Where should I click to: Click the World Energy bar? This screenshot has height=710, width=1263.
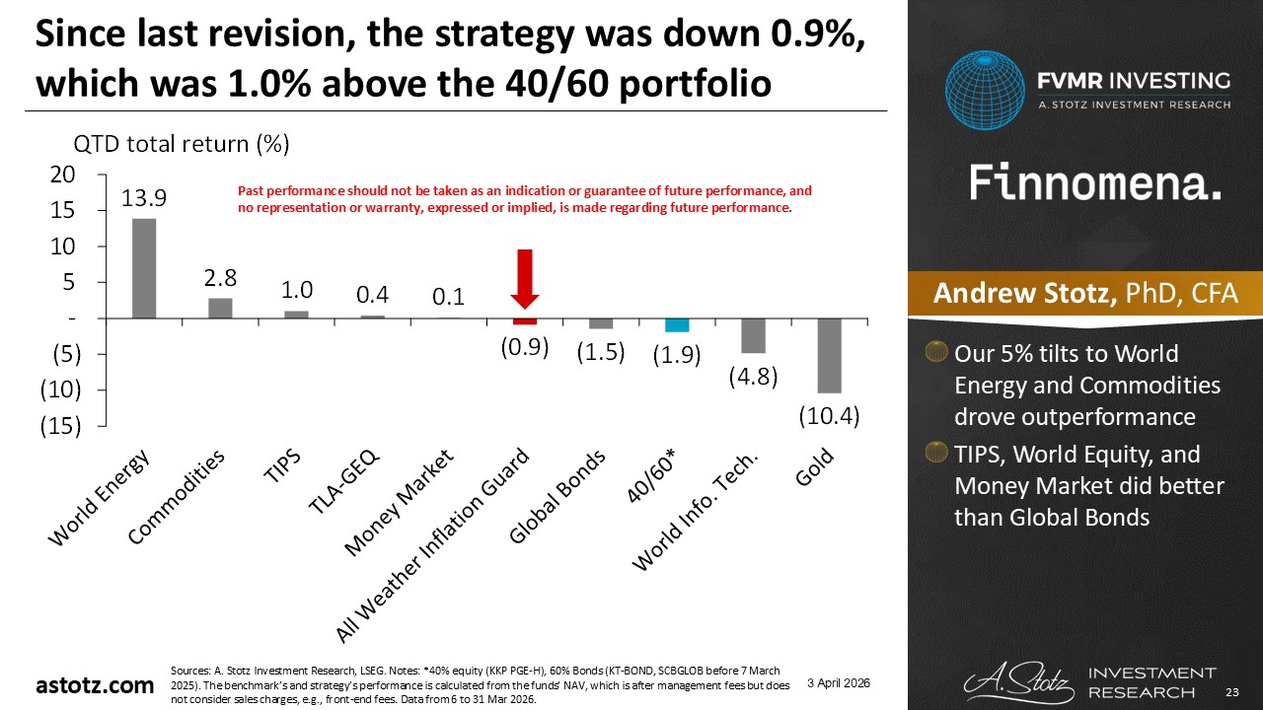pos(144,268)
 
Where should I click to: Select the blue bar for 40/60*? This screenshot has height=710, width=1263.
pos(677,325)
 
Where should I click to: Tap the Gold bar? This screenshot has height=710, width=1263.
pos(829,355)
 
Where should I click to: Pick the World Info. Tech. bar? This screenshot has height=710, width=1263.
pos(753,335)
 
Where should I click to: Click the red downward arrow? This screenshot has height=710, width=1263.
pos(525,281)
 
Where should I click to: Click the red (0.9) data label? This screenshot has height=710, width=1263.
pos(524,348)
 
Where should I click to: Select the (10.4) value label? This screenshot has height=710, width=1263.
pos(829,417)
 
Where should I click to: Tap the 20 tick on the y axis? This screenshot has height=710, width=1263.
pos(62,175)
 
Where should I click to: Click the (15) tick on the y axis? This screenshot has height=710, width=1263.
pos(60,426)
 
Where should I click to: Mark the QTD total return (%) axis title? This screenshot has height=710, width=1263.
pos(203,144)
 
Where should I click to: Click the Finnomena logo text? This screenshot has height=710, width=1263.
pos(1095,183)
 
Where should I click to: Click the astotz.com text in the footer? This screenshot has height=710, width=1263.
pos(95,685)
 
